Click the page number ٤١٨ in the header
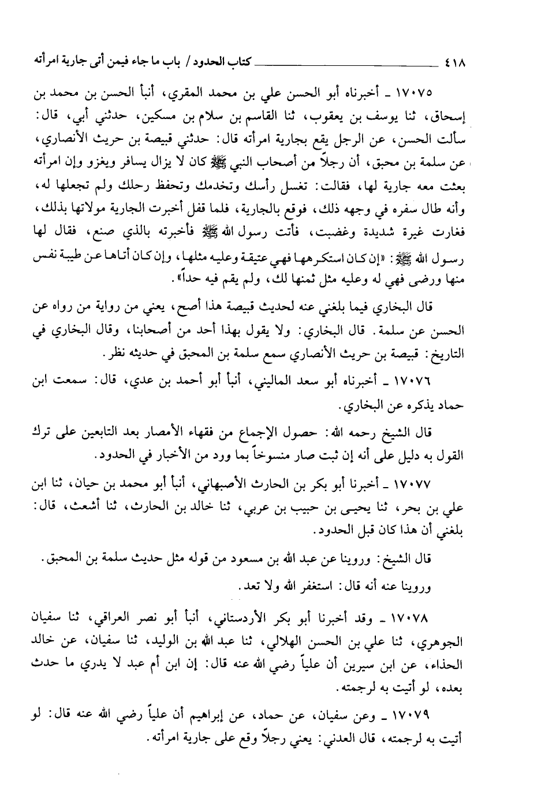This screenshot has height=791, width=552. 456,60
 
